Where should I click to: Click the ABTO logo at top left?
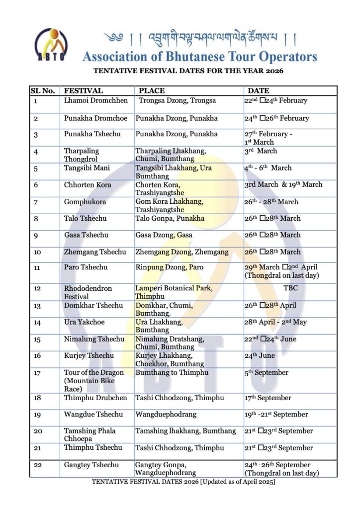pyautogui.click(x=51, y=45)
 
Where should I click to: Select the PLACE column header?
pyautogui.click(x=152, y=91)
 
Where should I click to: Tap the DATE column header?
pyautogui.click(x=258, y=91)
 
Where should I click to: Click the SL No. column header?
pyautogui.click(x=43, y=91)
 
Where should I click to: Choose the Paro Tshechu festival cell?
pyautogui.click(x=86, y=267)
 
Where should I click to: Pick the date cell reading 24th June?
pyautogui.click(x=260, y=356)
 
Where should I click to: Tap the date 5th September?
pyautogui.click(x=266, y=373)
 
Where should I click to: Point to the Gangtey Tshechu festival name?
pyautogui.click(x=91, y=465)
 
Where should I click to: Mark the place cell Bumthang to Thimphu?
pyautogui.click(x=172, y=373)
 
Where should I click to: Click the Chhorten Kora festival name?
pyautogui.click(x=88, y=185)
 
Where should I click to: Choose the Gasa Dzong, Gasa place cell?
pyautogui.click(x=164, y=235)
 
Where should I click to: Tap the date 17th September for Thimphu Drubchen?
pyautogui.click(x=268, y=398)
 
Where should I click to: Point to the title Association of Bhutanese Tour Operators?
pyautogui.click(x=200, y=56)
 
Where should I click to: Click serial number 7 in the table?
pyautogui.click(x=36, y=202)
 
